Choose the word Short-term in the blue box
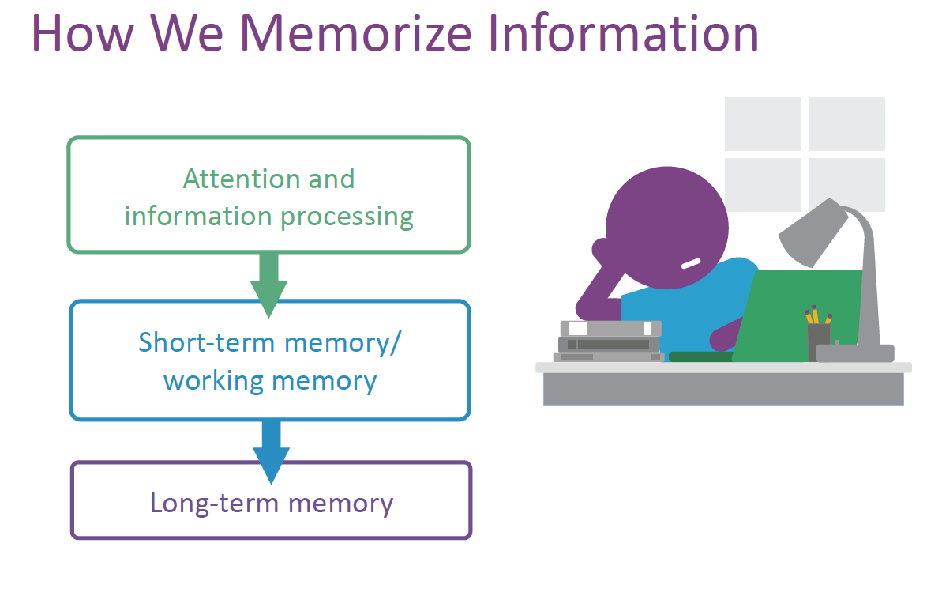coord(207,342)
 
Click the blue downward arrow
coord(271,450)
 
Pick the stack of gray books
coord(608,341)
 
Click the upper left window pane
coord(762,123)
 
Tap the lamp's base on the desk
coord(855,353)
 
